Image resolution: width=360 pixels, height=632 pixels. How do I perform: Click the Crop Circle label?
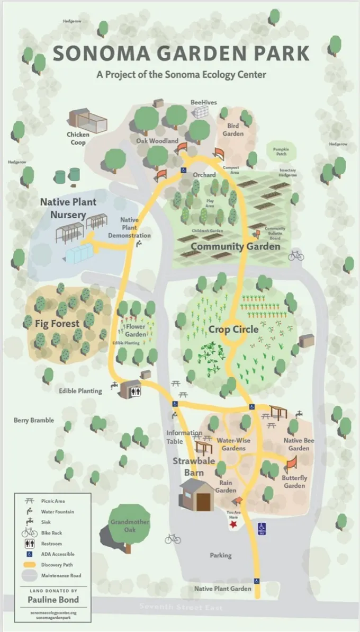pyautogui.click(x=233, y=329)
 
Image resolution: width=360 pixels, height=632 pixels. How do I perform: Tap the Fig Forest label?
pyautogui.click(x=57, y=323)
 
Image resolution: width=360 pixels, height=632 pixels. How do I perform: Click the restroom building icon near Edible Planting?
pyautogui.click(x=130, y=389)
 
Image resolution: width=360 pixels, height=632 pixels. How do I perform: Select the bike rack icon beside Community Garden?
pyautogui.click(x=296, y=256)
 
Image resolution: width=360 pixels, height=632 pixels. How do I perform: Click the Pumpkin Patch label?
pyautogui.click(x=281, y=152)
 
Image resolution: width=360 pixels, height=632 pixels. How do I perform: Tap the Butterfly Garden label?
pyautogui.click(x=294, y=482)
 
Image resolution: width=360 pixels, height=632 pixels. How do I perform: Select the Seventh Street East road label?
pyautogui.click(x=181, y=607)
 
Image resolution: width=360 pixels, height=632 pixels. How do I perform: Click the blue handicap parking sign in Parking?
pyautogui.click(x=262, y=528)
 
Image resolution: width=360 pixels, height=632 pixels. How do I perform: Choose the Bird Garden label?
pyautogui.click(x=233, y=130)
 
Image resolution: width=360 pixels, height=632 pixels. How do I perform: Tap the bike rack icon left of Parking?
pyautogui.click(x=173, y=539)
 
